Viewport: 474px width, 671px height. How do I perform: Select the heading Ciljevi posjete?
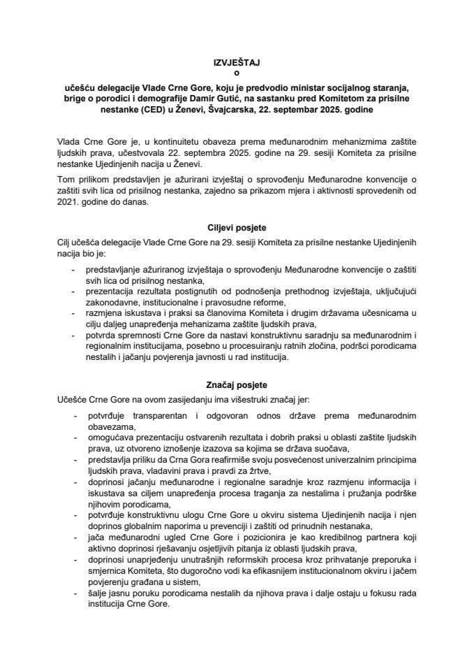pos(237,228)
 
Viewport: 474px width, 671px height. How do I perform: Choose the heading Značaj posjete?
pos(237,386)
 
